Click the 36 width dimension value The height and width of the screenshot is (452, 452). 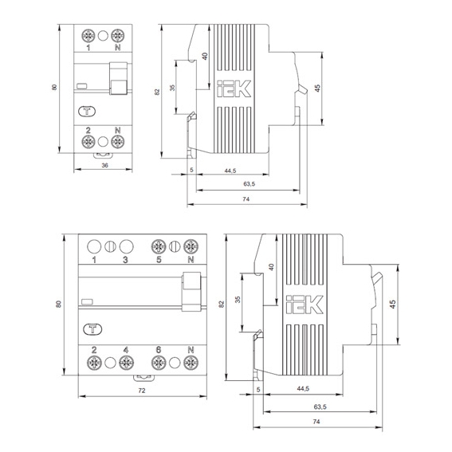click(104, 165)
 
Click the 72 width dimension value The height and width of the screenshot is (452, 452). click(142, 391)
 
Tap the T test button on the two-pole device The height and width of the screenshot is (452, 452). click(87, 112)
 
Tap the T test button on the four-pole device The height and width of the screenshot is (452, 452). click(92, 329)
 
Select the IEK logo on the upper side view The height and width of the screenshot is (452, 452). click(234, 88)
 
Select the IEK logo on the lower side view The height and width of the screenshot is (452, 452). click(305, 305)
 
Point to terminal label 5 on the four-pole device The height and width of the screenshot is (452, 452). click(159, 259)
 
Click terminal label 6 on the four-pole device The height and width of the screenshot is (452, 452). click(159, 350)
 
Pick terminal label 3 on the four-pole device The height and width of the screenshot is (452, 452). click(125, 260)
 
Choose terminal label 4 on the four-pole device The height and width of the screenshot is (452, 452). click(126, 350)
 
